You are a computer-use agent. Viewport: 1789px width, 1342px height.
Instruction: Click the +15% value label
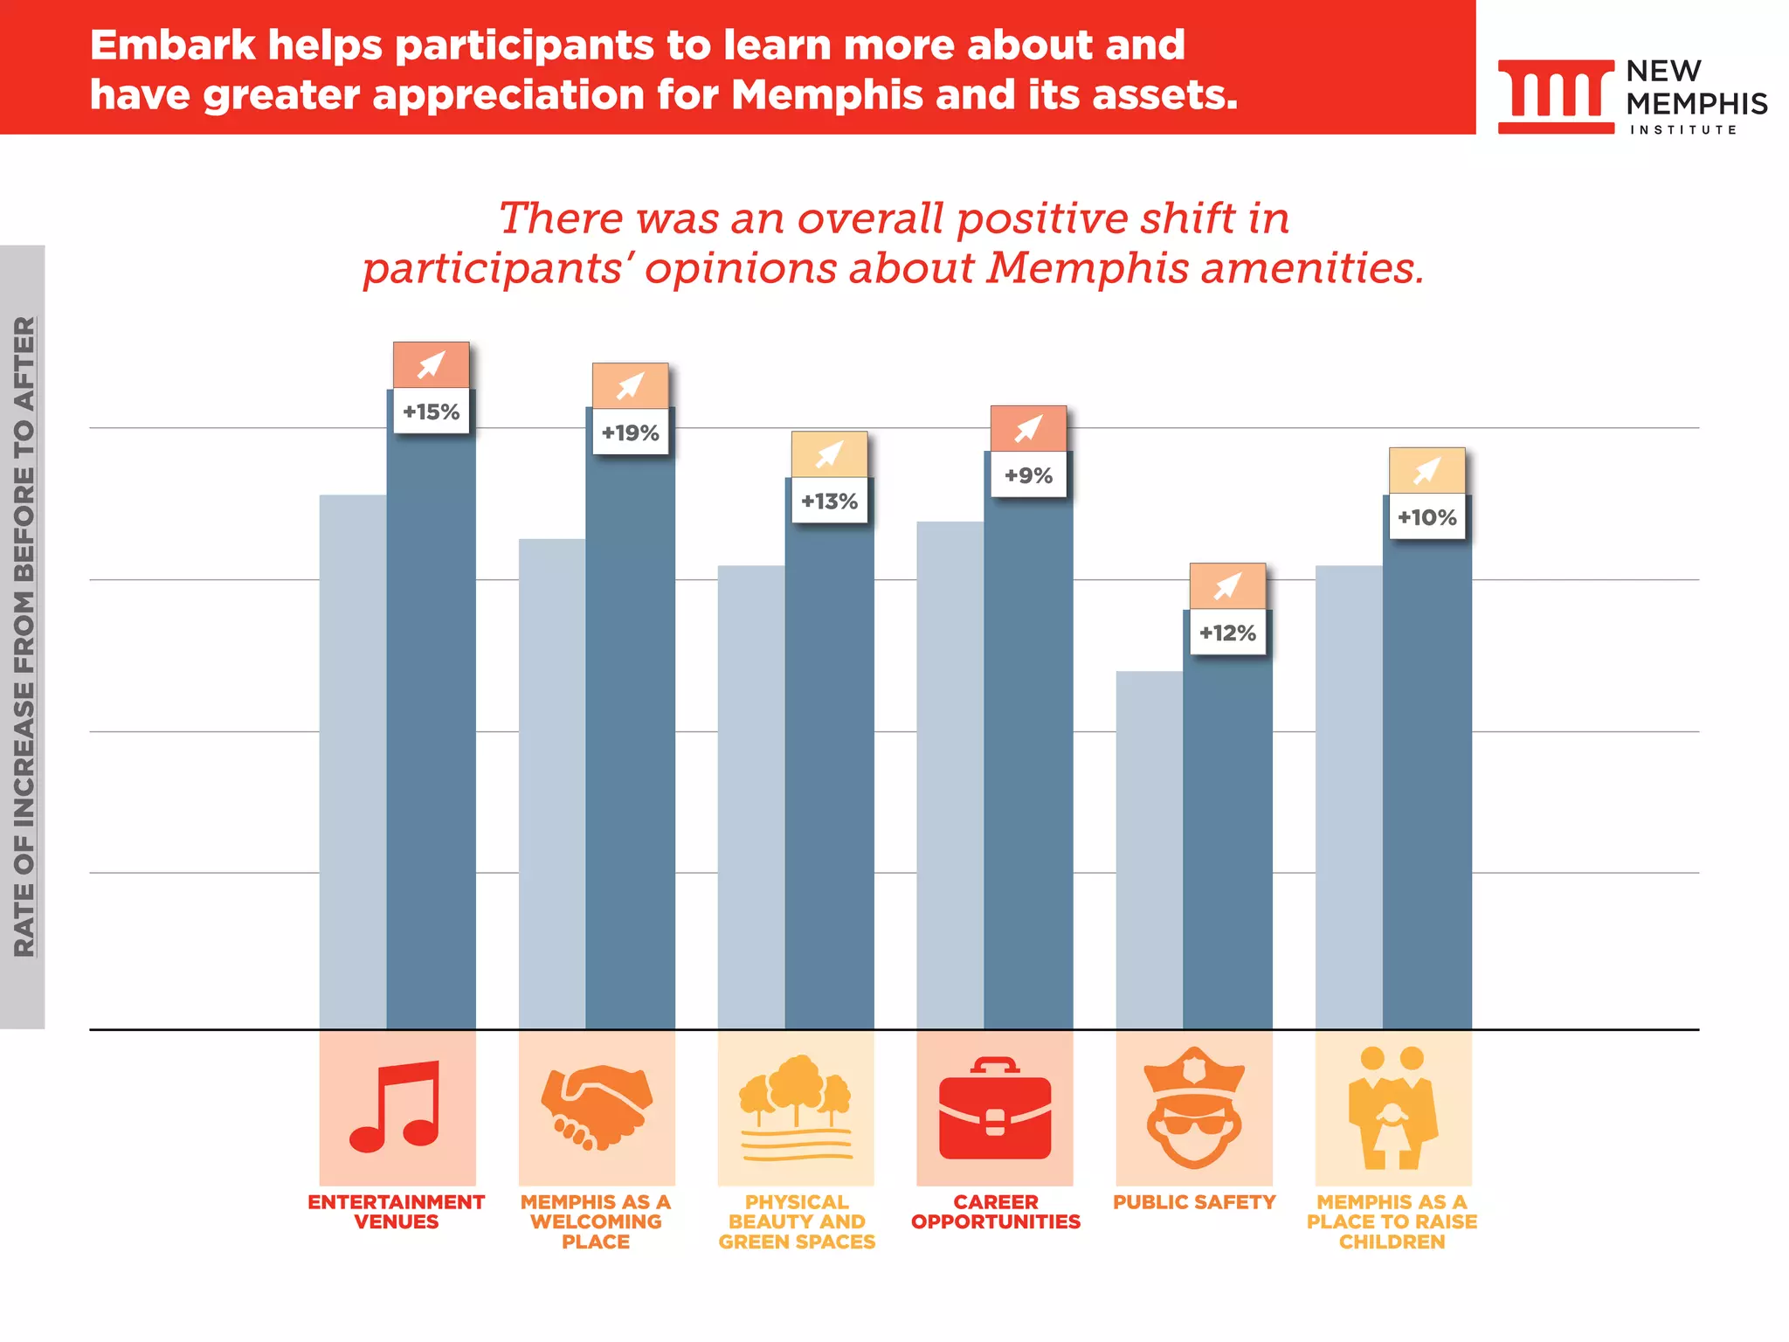point(431,412)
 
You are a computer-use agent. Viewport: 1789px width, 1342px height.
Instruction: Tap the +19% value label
point(630,432)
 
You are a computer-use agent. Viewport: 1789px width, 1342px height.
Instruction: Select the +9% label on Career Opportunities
point(1028,475)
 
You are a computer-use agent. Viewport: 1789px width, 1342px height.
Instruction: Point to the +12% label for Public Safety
point(1227,633)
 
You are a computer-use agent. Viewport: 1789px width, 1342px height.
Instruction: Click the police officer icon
point(1194,1107)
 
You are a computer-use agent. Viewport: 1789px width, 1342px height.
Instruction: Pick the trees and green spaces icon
point(796,1107)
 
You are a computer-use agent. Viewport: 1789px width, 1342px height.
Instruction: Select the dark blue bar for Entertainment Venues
point(432,734)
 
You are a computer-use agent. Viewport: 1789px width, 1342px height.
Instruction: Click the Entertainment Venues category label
point(397,1212)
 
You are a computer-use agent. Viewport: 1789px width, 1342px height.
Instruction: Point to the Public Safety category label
point(1194,1202)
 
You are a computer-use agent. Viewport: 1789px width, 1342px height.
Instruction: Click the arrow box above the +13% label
point(829,453)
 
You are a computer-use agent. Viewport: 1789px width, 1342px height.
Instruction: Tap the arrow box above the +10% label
point(1426,470)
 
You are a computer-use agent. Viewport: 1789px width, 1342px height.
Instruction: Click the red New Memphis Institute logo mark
point(1556,95)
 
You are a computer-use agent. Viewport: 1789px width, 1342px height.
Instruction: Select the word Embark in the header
point(172,45)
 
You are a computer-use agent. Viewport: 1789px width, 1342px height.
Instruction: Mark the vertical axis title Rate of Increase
point(24,636)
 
